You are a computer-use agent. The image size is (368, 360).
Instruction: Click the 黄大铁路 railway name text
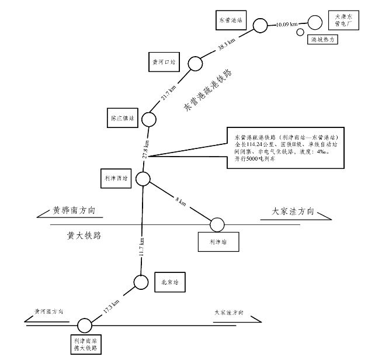coord(84,236)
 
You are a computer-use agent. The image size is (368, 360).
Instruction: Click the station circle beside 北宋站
coord(141,282)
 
